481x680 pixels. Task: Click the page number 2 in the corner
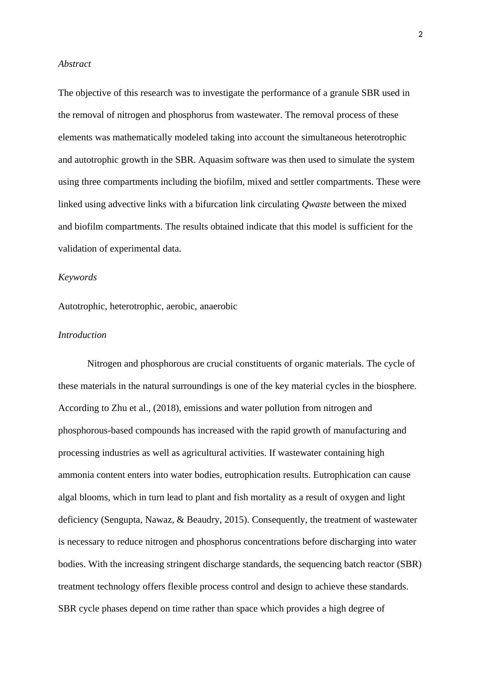click(x=420, y=35)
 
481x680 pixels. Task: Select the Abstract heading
click(x=74, y=64)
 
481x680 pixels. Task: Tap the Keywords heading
click(x=77, y=277)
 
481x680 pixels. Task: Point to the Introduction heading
click(x=82, y=335)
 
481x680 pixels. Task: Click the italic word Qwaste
click(x=316, y=204)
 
